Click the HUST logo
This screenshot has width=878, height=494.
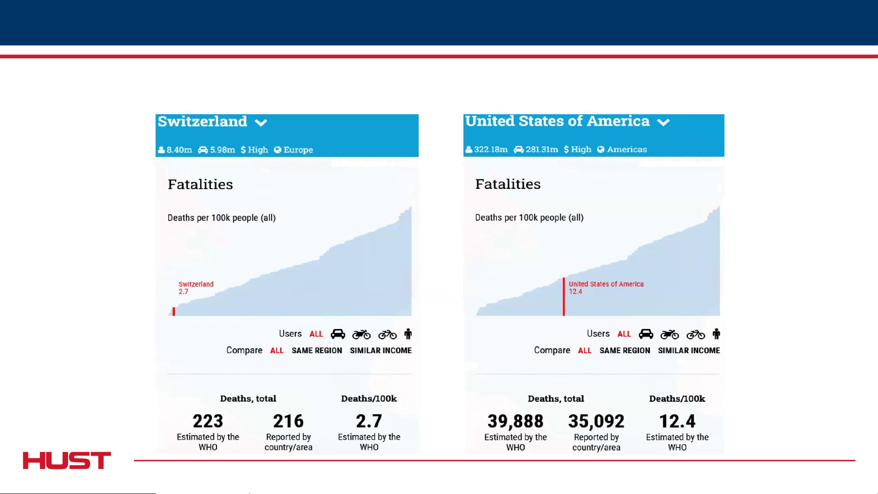pos(67,460)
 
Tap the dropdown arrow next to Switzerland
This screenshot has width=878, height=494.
pos(261,122)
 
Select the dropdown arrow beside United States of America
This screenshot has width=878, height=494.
pos(663,122)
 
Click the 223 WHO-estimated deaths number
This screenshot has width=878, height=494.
pos(208,421)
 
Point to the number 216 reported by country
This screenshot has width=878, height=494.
pos(288,421)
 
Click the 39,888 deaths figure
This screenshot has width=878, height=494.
pos(515,421)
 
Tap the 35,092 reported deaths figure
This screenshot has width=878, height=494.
pos(596,421)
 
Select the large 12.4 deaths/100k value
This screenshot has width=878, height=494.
pos(677,421)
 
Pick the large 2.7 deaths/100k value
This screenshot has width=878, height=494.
pos(369,421)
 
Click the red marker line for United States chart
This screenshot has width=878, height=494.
pos(564,297)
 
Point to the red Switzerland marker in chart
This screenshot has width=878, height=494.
pos(174,312)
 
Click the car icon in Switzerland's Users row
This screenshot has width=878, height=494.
pos(338,334)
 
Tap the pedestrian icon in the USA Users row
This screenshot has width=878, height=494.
pos(716,334)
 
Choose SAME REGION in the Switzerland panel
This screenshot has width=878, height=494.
pos(317,351)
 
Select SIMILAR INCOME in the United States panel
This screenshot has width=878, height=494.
pos(689,351)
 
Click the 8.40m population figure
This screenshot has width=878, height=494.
pos(179,150)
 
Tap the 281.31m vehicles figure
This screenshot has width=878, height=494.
pos(542,149)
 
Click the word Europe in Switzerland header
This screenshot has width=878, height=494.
pos(298,150)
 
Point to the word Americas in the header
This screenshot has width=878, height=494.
pos(627,149)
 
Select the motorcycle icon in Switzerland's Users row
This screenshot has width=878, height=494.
pos(361,335)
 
